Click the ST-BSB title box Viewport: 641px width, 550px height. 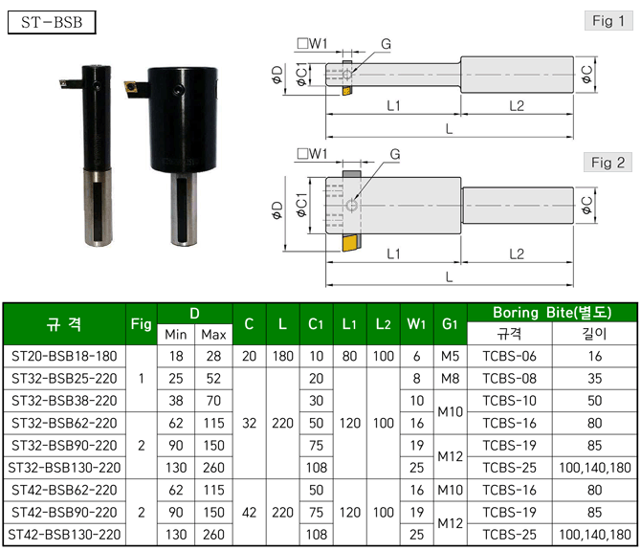coord(52,22)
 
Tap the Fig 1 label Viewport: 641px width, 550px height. coord(608,21)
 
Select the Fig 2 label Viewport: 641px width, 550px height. coord(608,163)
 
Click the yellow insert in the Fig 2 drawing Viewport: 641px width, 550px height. coord(351,243)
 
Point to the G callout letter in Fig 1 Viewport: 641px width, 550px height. coord(386,44)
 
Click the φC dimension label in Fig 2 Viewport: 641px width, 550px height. coord(586,205)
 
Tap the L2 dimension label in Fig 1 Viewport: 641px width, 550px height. coord(517,106)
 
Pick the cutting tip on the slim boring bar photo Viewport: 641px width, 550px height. coord(63,83)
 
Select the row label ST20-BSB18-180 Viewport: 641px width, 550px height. coord(64,357)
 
